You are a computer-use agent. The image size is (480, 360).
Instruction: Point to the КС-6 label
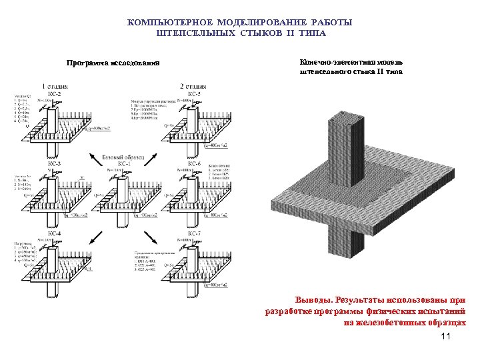[194, 163]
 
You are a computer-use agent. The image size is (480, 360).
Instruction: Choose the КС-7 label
[194, 233]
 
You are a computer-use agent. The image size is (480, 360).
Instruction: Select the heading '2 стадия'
[193, 87]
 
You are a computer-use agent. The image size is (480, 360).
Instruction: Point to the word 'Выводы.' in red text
[315, 299]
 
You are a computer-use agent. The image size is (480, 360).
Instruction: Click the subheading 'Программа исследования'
[113, 64]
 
